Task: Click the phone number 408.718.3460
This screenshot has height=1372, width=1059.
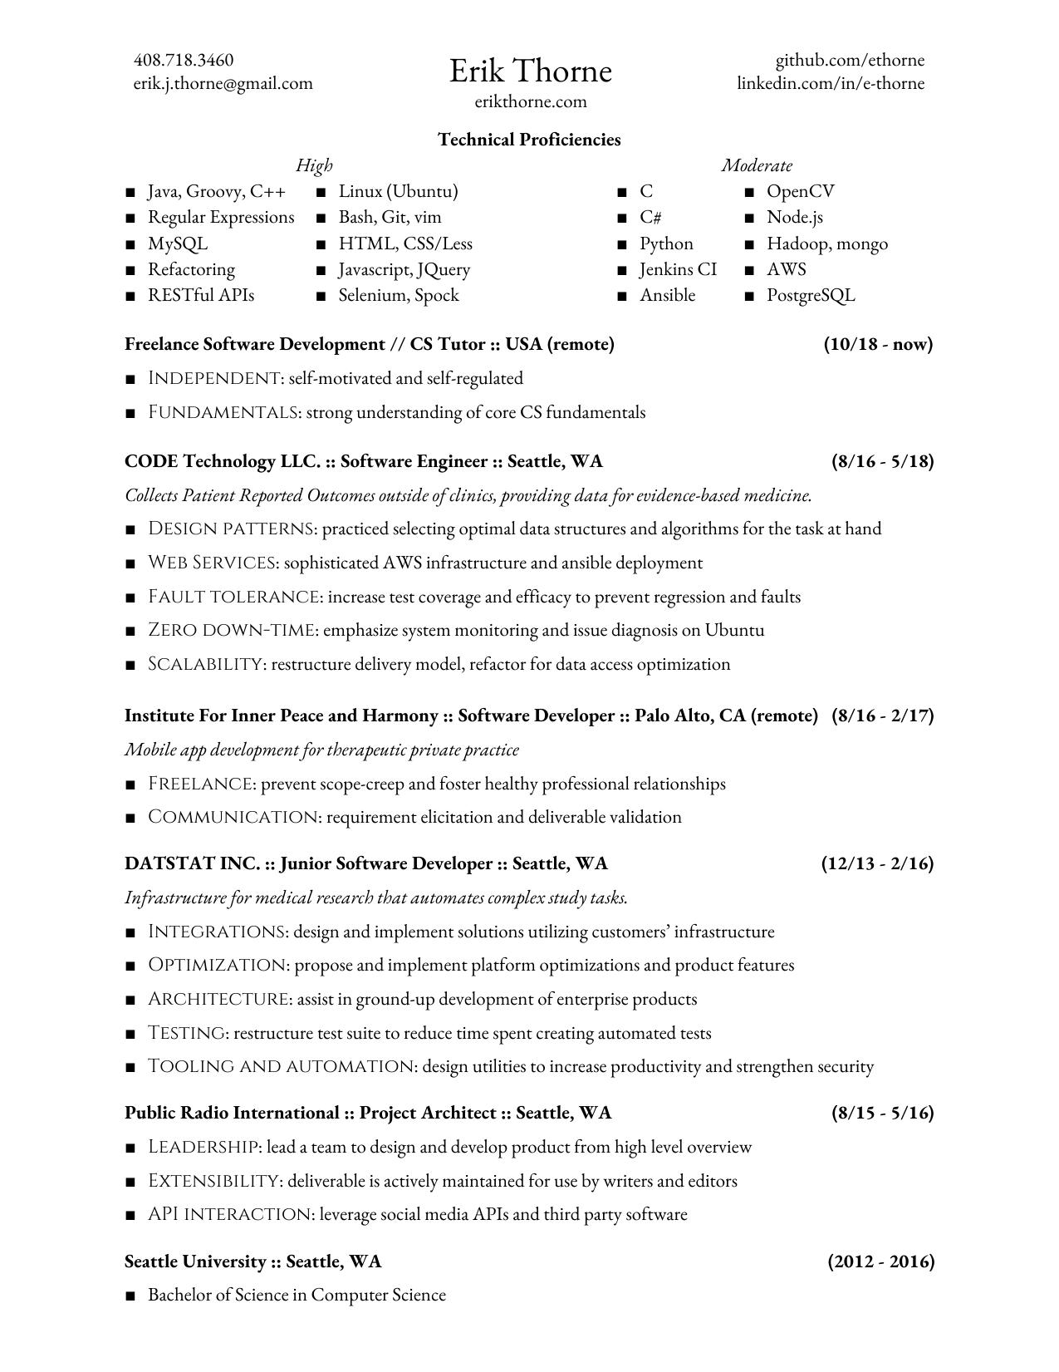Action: [183, 60]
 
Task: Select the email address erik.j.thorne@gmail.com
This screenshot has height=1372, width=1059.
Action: [223, 83]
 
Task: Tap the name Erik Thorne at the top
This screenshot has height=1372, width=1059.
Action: [530, 71]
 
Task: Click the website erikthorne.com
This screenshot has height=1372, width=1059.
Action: [530, 102]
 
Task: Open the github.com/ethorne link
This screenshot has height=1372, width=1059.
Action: [849, 60]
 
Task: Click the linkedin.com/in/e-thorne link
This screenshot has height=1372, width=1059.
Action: [830, 83]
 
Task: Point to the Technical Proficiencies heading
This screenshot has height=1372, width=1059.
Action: [529, 140]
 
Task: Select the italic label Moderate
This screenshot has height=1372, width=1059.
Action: [756, 165]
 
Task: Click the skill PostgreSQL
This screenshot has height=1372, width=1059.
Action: [810, 295]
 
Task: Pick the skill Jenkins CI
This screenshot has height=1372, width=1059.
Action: [677, 269]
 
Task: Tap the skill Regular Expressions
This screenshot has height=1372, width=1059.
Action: [220, 217]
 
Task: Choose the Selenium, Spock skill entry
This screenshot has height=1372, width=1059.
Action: [398, 295]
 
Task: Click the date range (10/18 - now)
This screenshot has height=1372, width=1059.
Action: [878, 344]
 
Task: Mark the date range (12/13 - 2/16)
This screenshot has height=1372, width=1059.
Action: [877, 863]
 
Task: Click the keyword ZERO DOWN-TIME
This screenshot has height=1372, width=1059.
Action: [232, 630]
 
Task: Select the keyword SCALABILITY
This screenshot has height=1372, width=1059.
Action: [205, 664]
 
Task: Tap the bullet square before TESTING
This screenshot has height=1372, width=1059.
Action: [130, 1034]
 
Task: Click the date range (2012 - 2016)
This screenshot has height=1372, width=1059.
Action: [880, 1261]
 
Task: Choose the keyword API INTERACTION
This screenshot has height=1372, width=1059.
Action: [230, 1214]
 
